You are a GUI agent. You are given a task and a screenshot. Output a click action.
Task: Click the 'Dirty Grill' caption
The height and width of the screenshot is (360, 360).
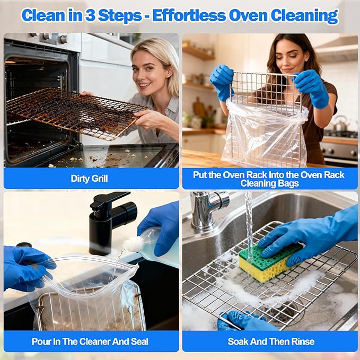pyautogui.click(x=89, y=179)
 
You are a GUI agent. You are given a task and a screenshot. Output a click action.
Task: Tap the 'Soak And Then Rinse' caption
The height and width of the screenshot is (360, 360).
pyautogui.click(x=271, y=341)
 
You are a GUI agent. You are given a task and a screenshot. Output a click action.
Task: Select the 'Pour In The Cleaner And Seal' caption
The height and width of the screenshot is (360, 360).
pyautogui.click(x=90, y=341)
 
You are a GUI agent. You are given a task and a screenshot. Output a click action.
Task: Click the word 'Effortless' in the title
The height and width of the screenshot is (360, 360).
pyautogui.click(x=187, y=15)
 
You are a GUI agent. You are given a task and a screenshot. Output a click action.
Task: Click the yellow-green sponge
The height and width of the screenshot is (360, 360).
pyautogui.click(x=269, y=261)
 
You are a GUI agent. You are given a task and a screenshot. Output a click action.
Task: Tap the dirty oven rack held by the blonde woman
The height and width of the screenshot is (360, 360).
pyautogui.click(x=74, y=111)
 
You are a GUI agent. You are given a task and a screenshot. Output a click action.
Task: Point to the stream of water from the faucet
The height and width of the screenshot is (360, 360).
pyautogui.click(x=249, y=223)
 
